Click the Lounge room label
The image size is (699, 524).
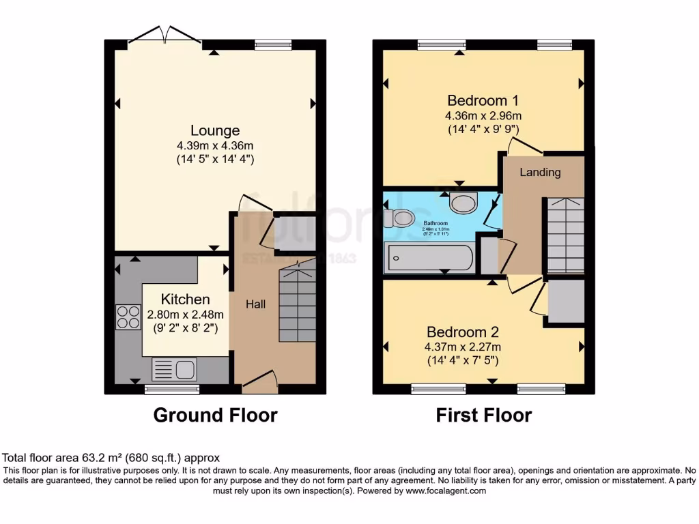tap(215, 130)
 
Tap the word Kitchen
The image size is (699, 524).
tap(185, 299)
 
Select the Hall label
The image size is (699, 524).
tap(256, 304)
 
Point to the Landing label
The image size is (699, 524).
tap(540, 172)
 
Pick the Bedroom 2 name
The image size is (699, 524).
tap(463, 332)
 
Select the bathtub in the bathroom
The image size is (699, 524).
tap(429, 259)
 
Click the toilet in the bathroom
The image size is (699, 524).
tap(399, 218)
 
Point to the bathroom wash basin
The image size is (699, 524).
tap(464, 203)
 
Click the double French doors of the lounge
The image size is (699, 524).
tap(165, 35)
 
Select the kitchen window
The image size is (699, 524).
tap(173, 390)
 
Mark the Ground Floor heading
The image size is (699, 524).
tap(215, 415)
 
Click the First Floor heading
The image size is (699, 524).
tap(483, 415)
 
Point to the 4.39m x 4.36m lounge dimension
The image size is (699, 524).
tap(215, 145)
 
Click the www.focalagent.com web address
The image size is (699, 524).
tap(446, 491)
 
